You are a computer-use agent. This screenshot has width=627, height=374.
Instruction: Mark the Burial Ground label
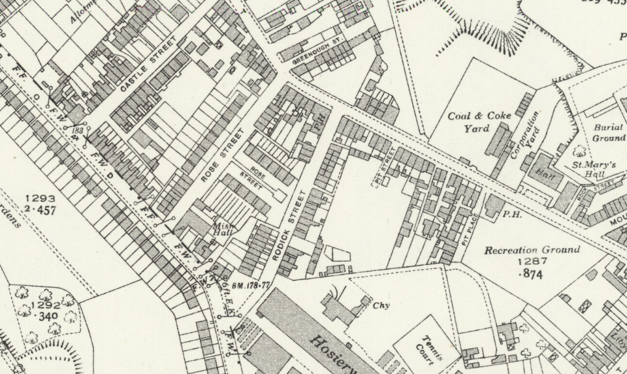click(x=608, y=133)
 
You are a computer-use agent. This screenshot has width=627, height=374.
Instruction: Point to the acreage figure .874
click(x=530, y=274)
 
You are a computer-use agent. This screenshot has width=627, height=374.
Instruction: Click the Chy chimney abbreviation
click(x=381, y=305)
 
